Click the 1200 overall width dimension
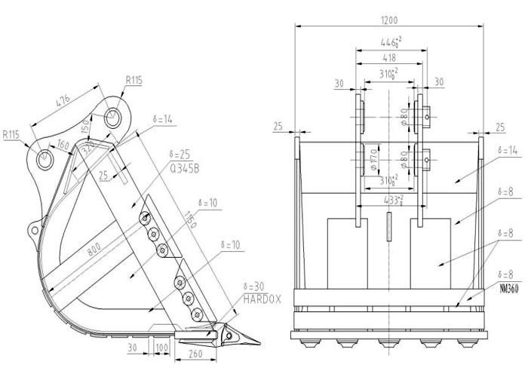pyautogui.click(x=389, y=20)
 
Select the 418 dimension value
pyautogui.click(x=389, y=57)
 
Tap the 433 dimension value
pyautogui.click(x=390, y=201)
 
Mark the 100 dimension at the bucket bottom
pyautogui.click(x=161, y=347)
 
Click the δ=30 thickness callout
pyautogui.click(x=256, y=287)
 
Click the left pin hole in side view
pyautogui.click(x=44, y=158)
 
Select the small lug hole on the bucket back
pyautogui.click(x=32, y=227)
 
